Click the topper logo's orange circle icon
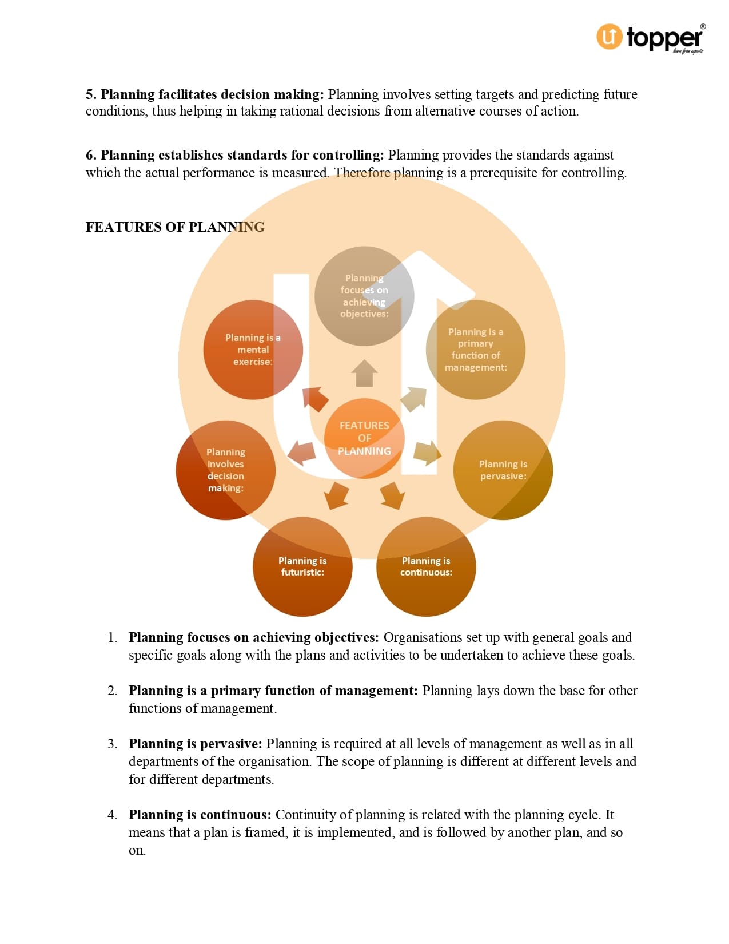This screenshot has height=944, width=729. (609, 37)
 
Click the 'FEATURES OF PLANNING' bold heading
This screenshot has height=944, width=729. (175, 227)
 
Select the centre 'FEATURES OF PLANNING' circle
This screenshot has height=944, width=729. (364, 438)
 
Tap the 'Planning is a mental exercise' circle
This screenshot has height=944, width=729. (253, 350)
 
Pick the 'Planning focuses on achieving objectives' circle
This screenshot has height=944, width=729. (364, 296)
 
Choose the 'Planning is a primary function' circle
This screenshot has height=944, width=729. (476, 350)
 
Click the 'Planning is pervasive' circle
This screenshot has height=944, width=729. (503, 470)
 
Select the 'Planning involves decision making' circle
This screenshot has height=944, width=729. (226, 470)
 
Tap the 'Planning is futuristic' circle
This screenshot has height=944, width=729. (302, 566)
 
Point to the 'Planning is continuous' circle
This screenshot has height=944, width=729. (426, 566)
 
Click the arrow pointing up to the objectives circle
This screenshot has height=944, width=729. (364, 373)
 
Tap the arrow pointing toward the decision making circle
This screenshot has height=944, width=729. (301, 453)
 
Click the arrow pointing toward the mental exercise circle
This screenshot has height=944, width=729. (315, 399)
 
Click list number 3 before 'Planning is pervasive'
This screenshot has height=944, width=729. (112, 744)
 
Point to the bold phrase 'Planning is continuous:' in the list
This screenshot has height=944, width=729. (200, 815)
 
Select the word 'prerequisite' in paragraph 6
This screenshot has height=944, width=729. (503, 173)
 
